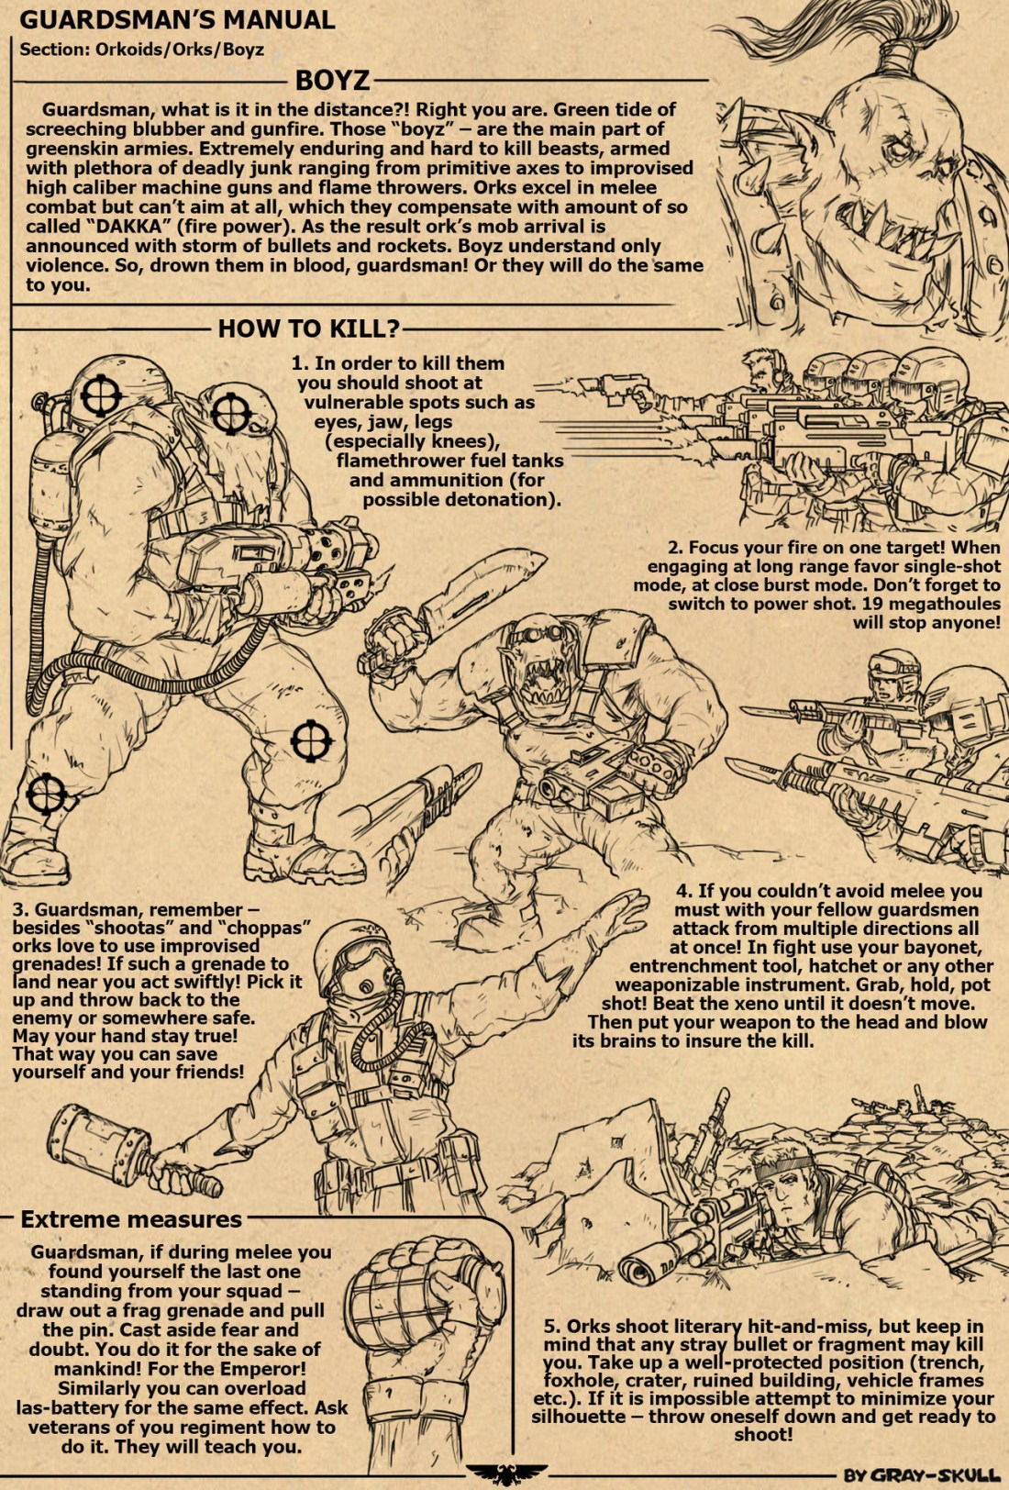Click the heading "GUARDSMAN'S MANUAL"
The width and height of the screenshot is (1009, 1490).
click(177, 20)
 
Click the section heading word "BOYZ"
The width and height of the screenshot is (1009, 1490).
click(332, 81)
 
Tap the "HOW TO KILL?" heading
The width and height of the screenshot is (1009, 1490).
click(309, 328)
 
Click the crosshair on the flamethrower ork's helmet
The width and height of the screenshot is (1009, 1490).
click(101, 395)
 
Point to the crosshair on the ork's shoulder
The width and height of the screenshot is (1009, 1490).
click(231, 413)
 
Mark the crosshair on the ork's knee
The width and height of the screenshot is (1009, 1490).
click(311, 740)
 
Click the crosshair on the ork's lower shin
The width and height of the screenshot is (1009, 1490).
click(47, 793)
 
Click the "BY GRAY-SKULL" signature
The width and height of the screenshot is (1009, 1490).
click(922, 1474)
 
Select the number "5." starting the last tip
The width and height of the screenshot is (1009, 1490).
click(552, 1327)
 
